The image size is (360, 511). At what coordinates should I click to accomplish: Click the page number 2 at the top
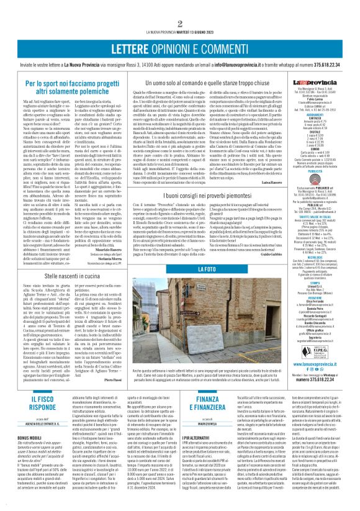click(x=179, y=7)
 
